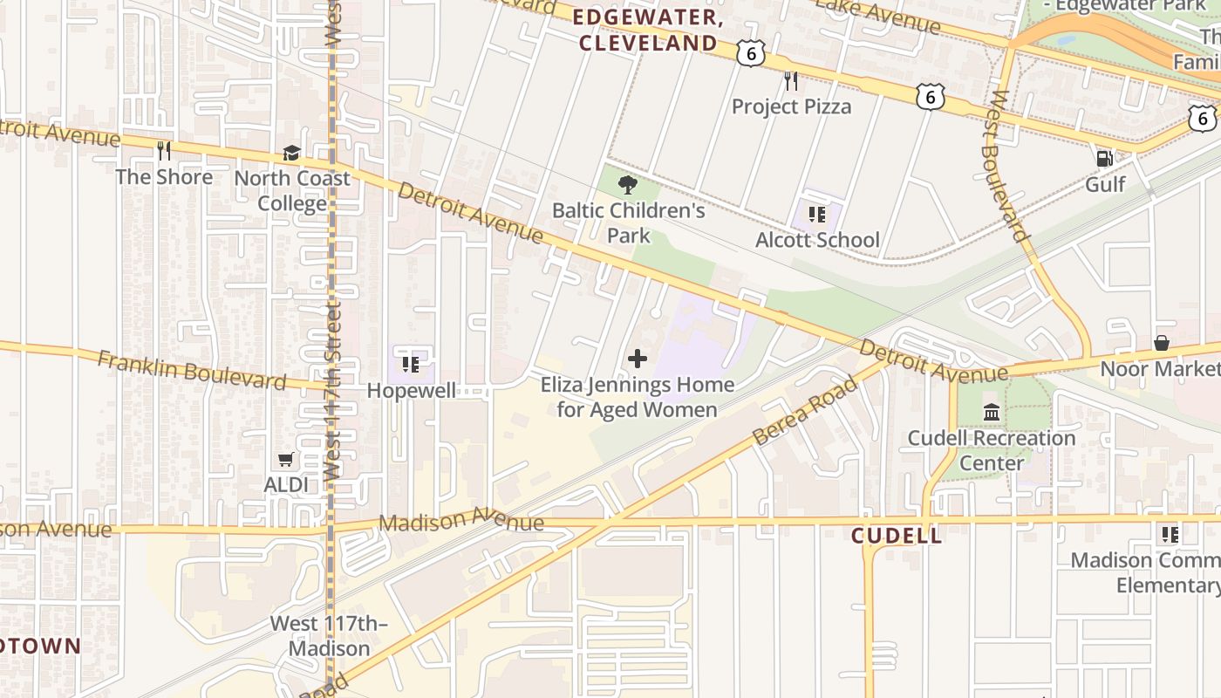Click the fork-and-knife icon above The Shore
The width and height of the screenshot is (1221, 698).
click(x=164, y=151)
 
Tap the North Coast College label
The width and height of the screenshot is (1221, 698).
click(x=292, y=190)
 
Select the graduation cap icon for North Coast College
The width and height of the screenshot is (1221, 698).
click(x=292, y=154)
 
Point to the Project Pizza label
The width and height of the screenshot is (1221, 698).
click(x=791, y=106)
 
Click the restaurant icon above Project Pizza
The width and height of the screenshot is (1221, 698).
click(x=791, y=81)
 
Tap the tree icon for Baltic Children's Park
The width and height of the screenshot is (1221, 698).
click(x=627, y=184)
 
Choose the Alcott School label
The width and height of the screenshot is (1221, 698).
click(x=817, y=240)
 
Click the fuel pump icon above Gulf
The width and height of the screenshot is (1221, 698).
click(x=1104, y=159)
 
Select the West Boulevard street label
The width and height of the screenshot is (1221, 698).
click(x=1006, y=166)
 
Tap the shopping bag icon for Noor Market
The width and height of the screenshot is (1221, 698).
click(x=1161, y=343)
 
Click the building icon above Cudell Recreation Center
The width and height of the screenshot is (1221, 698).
click(x=992, y=412)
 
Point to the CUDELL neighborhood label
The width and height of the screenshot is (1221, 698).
click(x=897, y=536)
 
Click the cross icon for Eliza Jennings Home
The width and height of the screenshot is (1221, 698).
click(x=638, y=359)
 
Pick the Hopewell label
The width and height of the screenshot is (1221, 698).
click(x=411, y=390)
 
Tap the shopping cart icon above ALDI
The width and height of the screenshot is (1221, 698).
click(x=286, y=459)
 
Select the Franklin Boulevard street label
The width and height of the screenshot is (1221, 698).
click(x=191, y=370)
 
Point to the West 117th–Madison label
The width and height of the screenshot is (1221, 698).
click(x=329, y=636)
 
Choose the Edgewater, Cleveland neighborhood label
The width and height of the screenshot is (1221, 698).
click(x=648, y=31)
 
